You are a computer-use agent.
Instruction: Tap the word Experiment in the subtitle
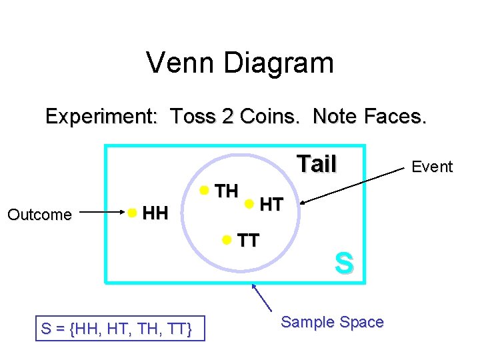[x=100, y=117]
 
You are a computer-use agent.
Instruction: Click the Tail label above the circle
[x=317, y=164]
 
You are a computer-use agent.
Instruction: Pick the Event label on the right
[x=432, y=167]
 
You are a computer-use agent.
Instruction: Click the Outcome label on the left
[x=39, y=215]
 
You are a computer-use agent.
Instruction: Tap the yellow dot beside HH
[x=133, y=213]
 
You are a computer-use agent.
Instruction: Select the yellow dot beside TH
[x=205, y=191]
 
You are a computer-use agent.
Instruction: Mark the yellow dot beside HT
[x=249, y=203]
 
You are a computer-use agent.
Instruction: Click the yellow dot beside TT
[x=227, y=239]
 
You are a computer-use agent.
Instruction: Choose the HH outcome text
[x=155, y=214]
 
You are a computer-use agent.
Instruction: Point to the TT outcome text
[x=248, y=241]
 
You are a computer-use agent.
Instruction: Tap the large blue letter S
[x=343, y=263]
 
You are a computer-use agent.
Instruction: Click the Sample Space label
[x=332, y=322]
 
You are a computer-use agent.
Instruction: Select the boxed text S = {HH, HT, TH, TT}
[x=120, y=329]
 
